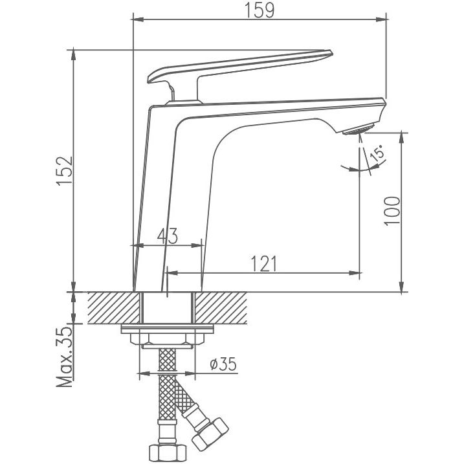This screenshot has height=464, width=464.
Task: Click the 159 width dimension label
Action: coord(260,10)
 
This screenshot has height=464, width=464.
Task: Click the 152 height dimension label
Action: coord(65,171)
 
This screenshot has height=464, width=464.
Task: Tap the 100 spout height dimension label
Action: coord(392,211)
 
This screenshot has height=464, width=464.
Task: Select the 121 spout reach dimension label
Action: coord(263,263)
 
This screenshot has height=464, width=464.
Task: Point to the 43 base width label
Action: coord(168,236)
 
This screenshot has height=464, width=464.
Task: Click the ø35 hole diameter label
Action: coord(223,364)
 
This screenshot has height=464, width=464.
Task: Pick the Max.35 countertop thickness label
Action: coord(65,357)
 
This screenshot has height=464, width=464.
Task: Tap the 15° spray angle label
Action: coord(377,153)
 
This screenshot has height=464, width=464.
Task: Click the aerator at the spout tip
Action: coord(357,130)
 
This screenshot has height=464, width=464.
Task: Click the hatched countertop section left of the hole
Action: coord(114,308)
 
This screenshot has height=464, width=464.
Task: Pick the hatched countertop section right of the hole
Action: coord(221,308)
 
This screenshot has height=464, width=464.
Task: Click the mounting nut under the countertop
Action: coord(167,338)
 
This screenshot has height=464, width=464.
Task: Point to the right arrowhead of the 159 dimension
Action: coord(382,19)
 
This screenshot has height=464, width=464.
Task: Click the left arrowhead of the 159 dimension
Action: coord(137,19)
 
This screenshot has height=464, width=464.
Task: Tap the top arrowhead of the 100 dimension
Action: coord(402,138)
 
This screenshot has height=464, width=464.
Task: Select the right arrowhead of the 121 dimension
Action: coord(355,273)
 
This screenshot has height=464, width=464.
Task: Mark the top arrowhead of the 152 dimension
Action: coord(73,56)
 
